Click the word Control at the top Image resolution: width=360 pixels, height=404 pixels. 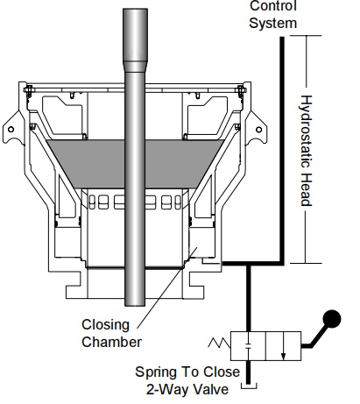[x=273, y=5]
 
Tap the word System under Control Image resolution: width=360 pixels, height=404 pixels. [x=273, y=23]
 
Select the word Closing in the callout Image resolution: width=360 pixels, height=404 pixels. [x=105, y=325]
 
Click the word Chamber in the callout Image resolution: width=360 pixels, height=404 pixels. [x=111, y=342]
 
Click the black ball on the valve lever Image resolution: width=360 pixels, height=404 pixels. [x=331, y=319]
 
